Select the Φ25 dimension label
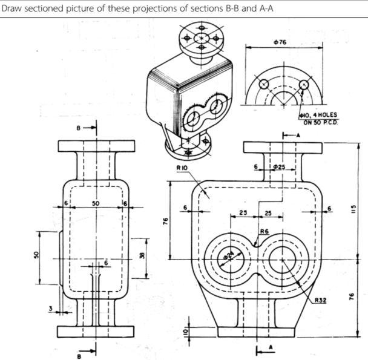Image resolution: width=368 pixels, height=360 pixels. tap(278, 166)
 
